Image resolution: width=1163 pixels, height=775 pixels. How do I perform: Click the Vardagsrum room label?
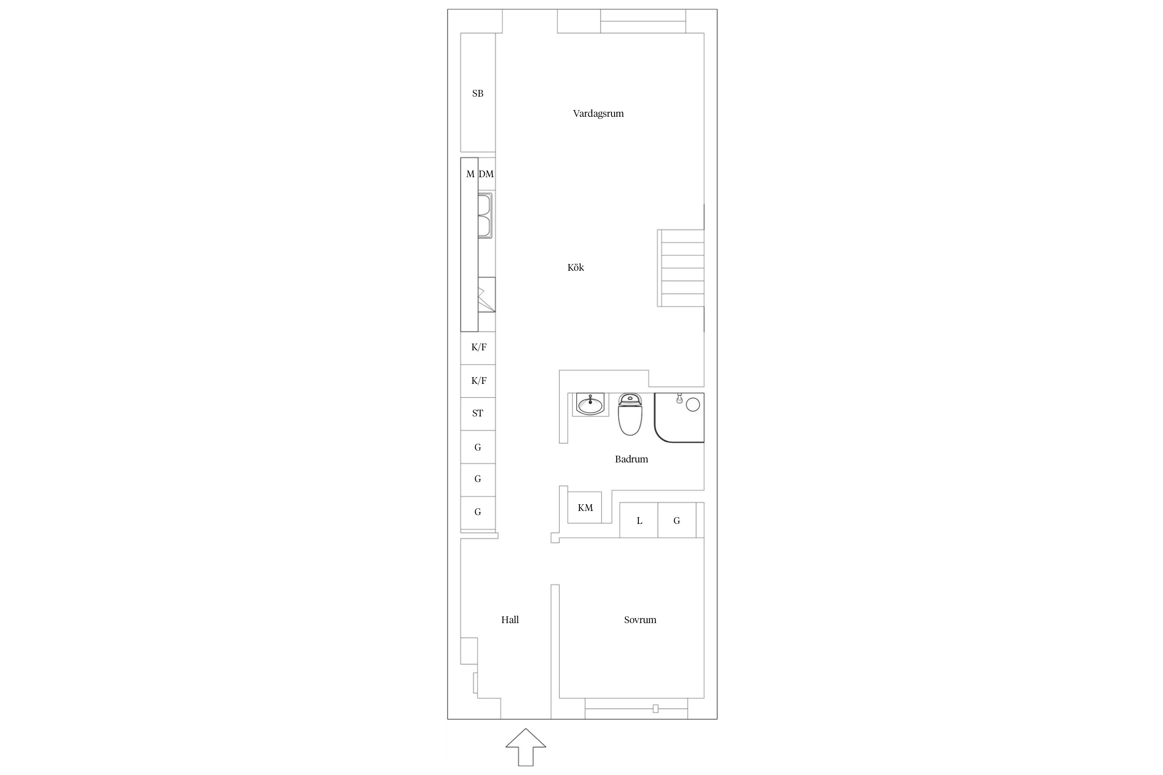598,114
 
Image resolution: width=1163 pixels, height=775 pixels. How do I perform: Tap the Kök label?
576,267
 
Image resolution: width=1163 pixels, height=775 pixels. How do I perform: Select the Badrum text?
631,459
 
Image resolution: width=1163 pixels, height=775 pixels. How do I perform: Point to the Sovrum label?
640,619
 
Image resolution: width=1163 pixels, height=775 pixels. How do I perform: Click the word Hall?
510,619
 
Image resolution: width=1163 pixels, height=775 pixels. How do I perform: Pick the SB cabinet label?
478,94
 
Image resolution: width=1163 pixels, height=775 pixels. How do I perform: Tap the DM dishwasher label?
486,174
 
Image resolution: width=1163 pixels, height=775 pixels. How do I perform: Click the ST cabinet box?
478,414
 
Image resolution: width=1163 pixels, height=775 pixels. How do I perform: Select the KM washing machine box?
585,507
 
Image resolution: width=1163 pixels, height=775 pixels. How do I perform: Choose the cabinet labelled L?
639,520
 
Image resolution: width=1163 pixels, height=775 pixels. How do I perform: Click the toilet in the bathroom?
630,414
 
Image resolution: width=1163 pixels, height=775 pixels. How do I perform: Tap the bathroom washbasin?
590,404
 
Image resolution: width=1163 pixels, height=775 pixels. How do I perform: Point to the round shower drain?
693,405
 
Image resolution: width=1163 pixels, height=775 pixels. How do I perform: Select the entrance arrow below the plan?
526,747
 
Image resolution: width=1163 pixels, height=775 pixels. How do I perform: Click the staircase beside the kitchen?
681,268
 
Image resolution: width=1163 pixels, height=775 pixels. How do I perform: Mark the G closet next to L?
677,520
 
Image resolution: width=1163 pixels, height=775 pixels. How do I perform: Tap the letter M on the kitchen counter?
470,174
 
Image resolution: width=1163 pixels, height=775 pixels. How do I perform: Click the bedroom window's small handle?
655,709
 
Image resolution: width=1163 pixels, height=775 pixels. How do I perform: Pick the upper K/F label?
479,347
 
